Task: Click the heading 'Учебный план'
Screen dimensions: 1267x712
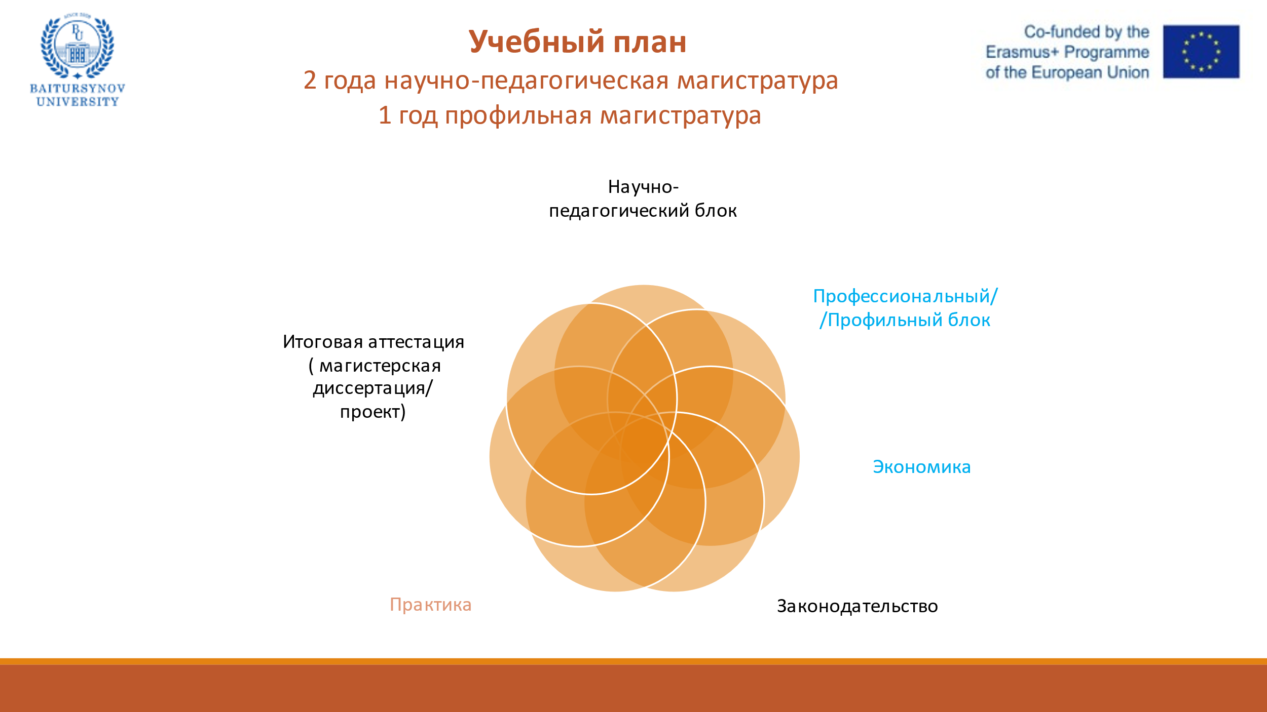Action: click(x=577, y=42)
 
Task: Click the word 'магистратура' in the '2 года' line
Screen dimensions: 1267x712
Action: click(x=758, y=81)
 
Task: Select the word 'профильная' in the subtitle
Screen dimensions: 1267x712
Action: click(x=518, y=116)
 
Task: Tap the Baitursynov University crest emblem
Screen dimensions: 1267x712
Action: click(x=77, y=46)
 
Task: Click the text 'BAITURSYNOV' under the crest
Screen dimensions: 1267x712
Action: click(x=77, y=89)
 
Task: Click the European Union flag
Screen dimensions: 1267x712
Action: click(x=1201, y=52)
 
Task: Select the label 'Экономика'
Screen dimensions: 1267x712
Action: click(x=921, y=467)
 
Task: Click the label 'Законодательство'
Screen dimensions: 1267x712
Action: click(x=857, y=606)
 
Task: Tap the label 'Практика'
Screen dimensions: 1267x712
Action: click(x=430, y=605)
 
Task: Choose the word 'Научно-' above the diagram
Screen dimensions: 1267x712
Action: click(x=643, y=187)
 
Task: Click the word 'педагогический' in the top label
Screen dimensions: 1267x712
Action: click(x=619, y=211)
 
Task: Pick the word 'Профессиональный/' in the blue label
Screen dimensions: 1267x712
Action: click(x=905, y=296)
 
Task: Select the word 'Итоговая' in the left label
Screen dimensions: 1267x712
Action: click(x=323, y=342)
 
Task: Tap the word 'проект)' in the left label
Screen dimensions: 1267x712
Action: click(x=372, y=412)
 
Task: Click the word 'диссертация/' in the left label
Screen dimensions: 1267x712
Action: click(x=372, y=388)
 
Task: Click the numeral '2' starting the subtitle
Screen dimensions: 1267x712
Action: click(x=310, y=81)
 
